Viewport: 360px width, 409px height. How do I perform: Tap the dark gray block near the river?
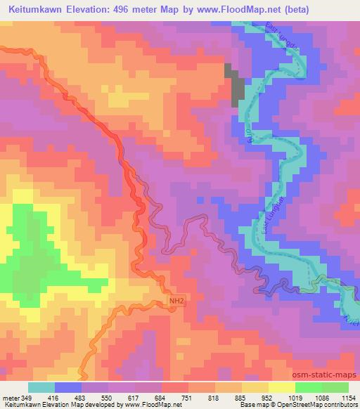click(235, 82)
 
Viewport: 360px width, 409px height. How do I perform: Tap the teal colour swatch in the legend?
click(41, 388)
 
